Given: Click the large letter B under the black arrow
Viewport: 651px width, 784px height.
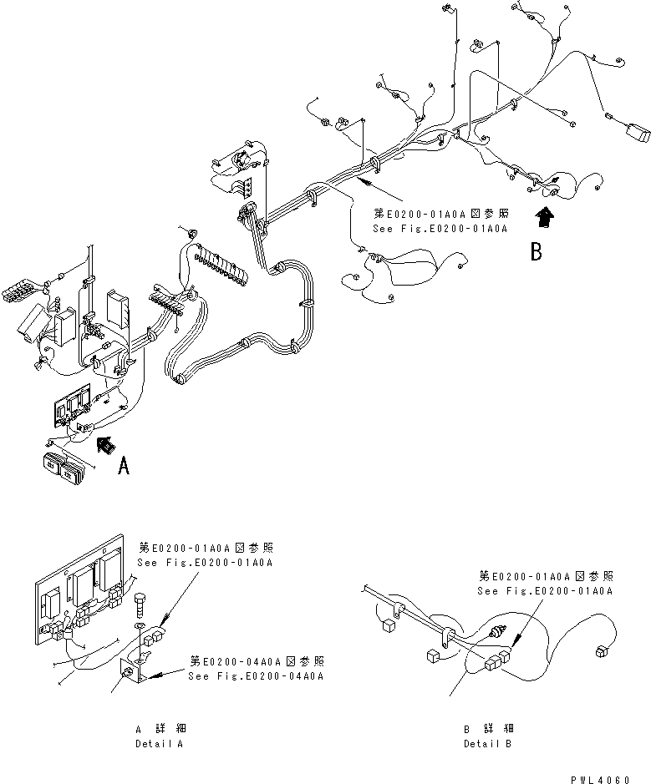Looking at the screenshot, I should tap(536, 250).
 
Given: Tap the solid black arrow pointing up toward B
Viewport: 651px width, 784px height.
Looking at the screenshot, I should tap(544, 217).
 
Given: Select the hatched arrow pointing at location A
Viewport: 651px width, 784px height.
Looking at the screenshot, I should tap(105, 445).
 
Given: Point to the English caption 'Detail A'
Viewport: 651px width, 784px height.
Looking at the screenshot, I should tap(158, 742).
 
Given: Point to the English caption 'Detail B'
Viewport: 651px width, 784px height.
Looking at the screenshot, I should tap(488, 742).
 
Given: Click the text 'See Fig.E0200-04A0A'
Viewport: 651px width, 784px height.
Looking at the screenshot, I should tap(256, 675).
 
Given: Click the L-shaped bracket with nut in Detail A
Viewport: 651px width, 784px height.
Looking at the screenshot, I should tap(135, 671).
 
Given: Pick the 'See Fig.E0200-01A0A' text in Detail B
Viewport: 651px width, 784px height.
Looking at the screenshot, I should tap(545, 590).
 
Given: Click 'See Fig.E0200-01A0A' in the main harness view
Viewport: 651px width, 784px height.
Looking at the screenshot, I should tap(440, 226).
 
